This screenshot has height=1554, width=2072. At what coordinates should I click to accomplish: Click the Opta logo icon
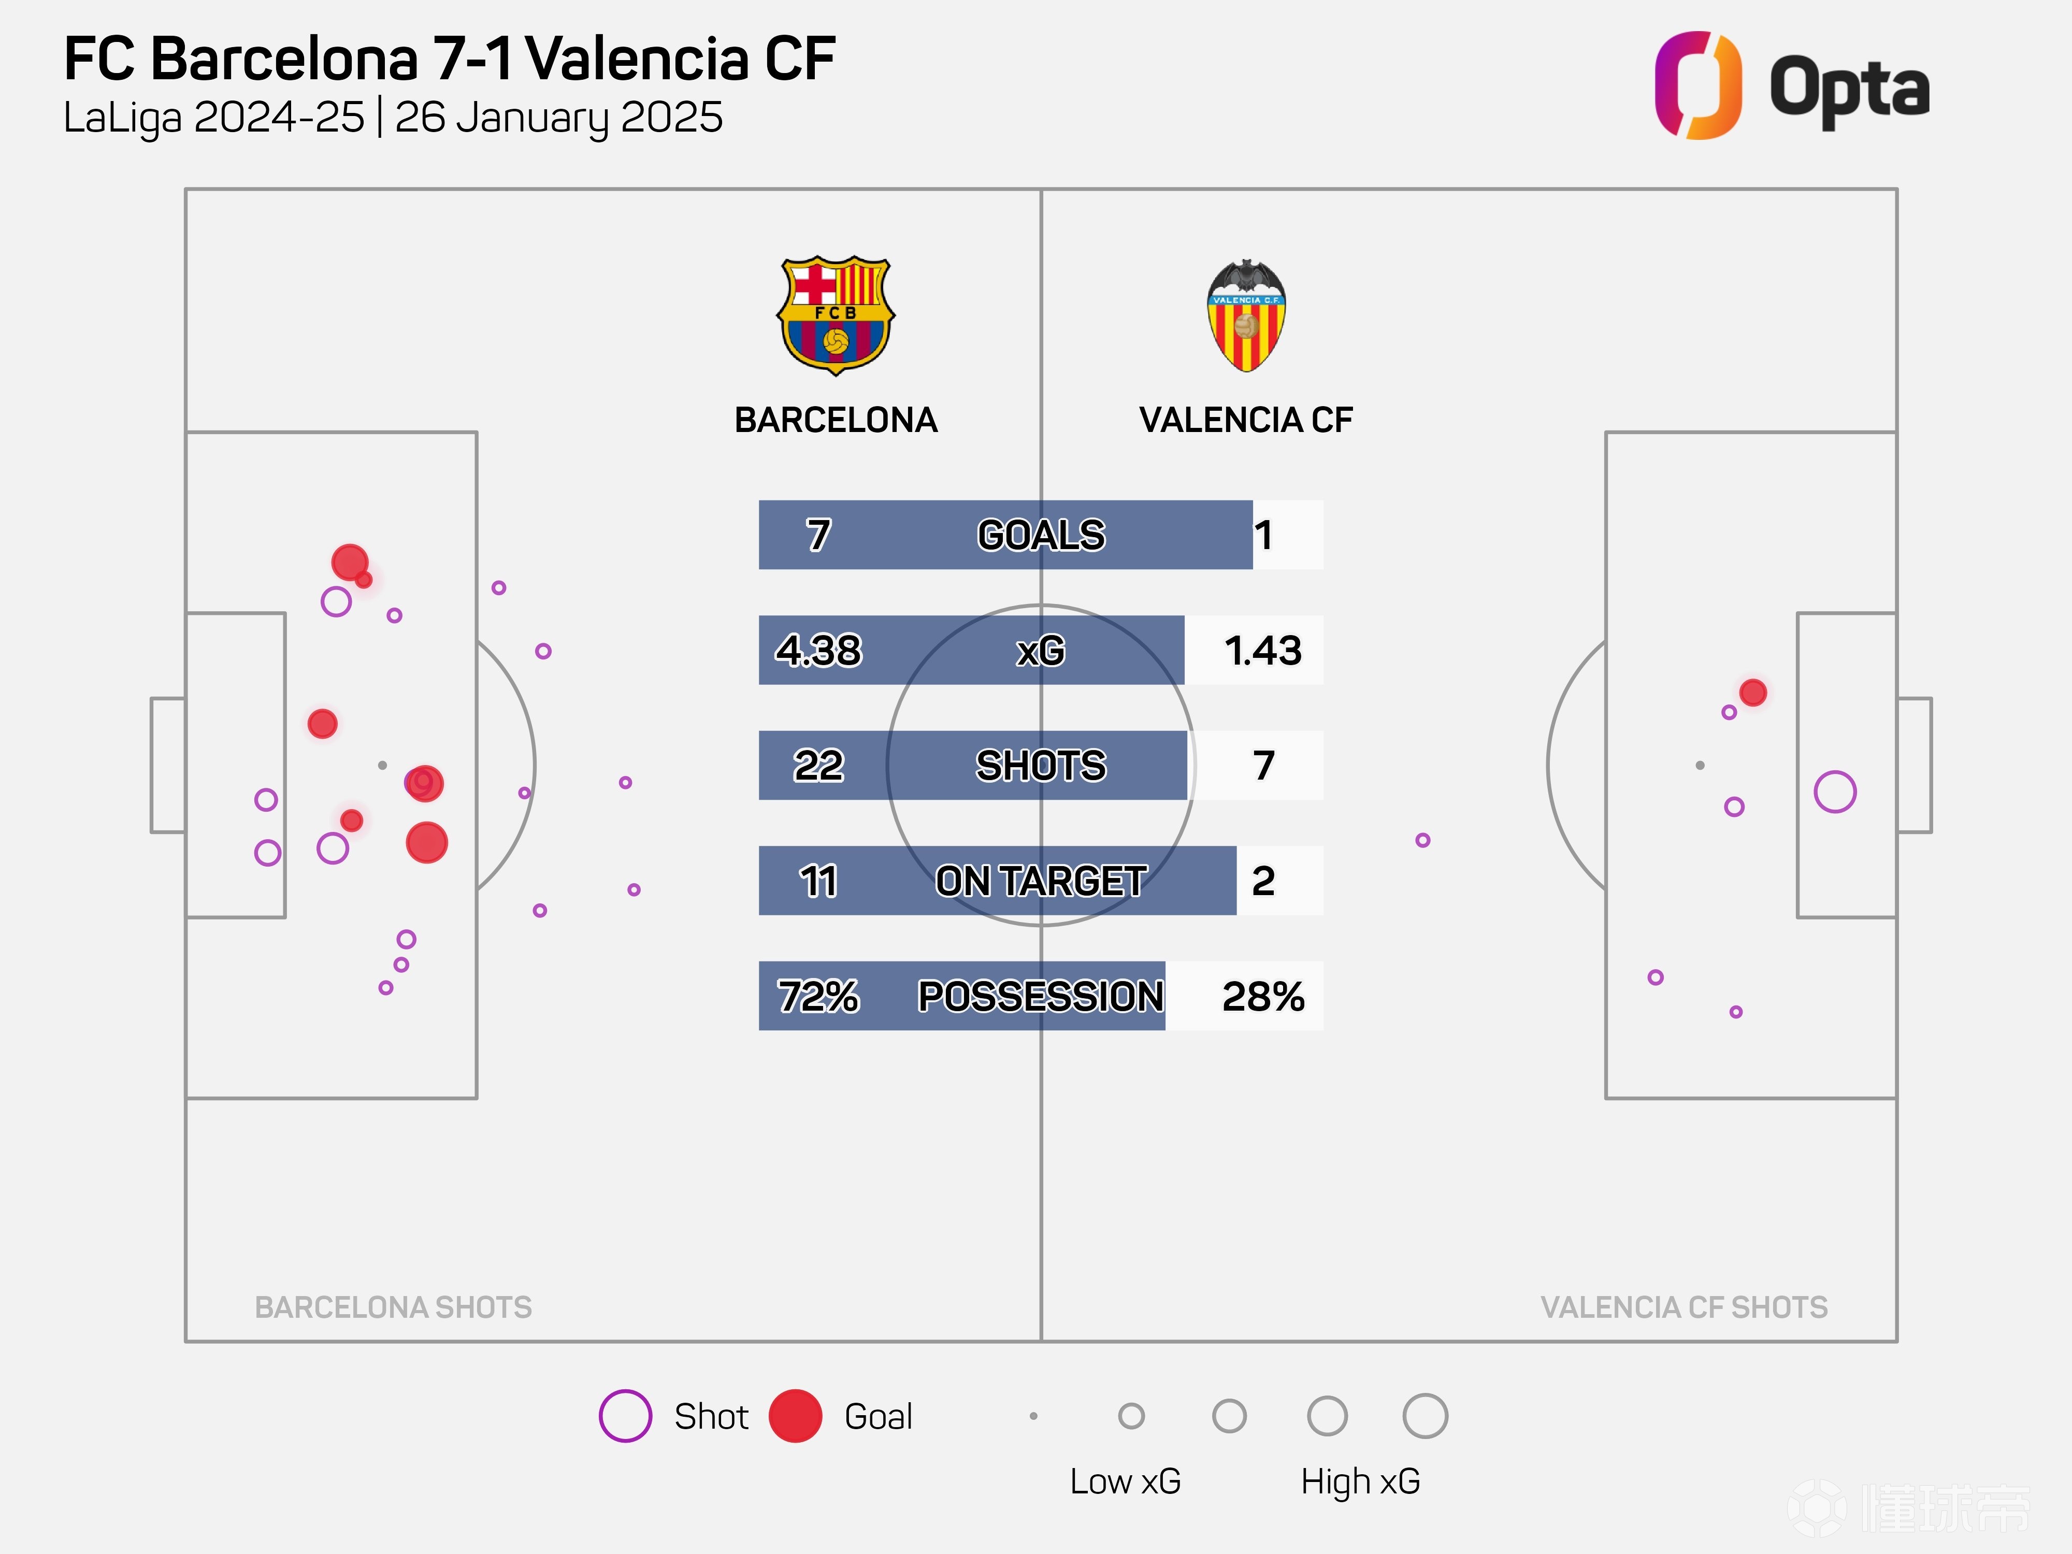[1697, 85]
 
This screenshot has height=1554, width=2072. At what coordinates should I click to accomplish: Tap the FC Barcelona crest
[836, 315]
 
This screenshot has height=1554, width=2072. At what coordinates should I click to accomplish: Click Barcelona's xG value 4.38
[818, 650]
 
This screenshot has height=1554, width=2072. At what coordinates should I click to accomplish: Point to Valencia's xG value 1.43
[1263, 650]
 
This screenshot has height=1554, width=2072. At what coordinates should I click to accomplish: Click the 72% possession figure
[818, 996]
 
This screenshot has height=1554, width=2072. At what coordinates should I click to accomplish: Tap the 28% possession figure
[1263, 996]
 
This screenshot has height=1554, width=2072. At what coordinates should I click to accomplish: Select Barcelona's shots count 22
[818, 765]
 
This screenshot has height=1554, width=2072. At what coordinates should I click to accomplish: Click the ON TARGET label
[1041, 881]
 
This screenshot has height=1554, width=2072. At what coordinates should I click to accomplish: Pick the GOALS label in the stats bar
[1041, 535]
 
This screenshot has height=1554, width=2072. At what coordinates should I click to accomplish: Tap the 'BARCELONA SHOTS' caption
[393, 1307]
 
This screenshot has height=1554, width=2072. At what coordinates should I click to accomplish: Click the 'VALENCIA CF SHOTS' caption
[1684, 1307]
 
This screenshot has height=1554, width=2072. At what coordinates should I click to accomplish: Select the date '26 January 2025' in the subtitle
[558, 118]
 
